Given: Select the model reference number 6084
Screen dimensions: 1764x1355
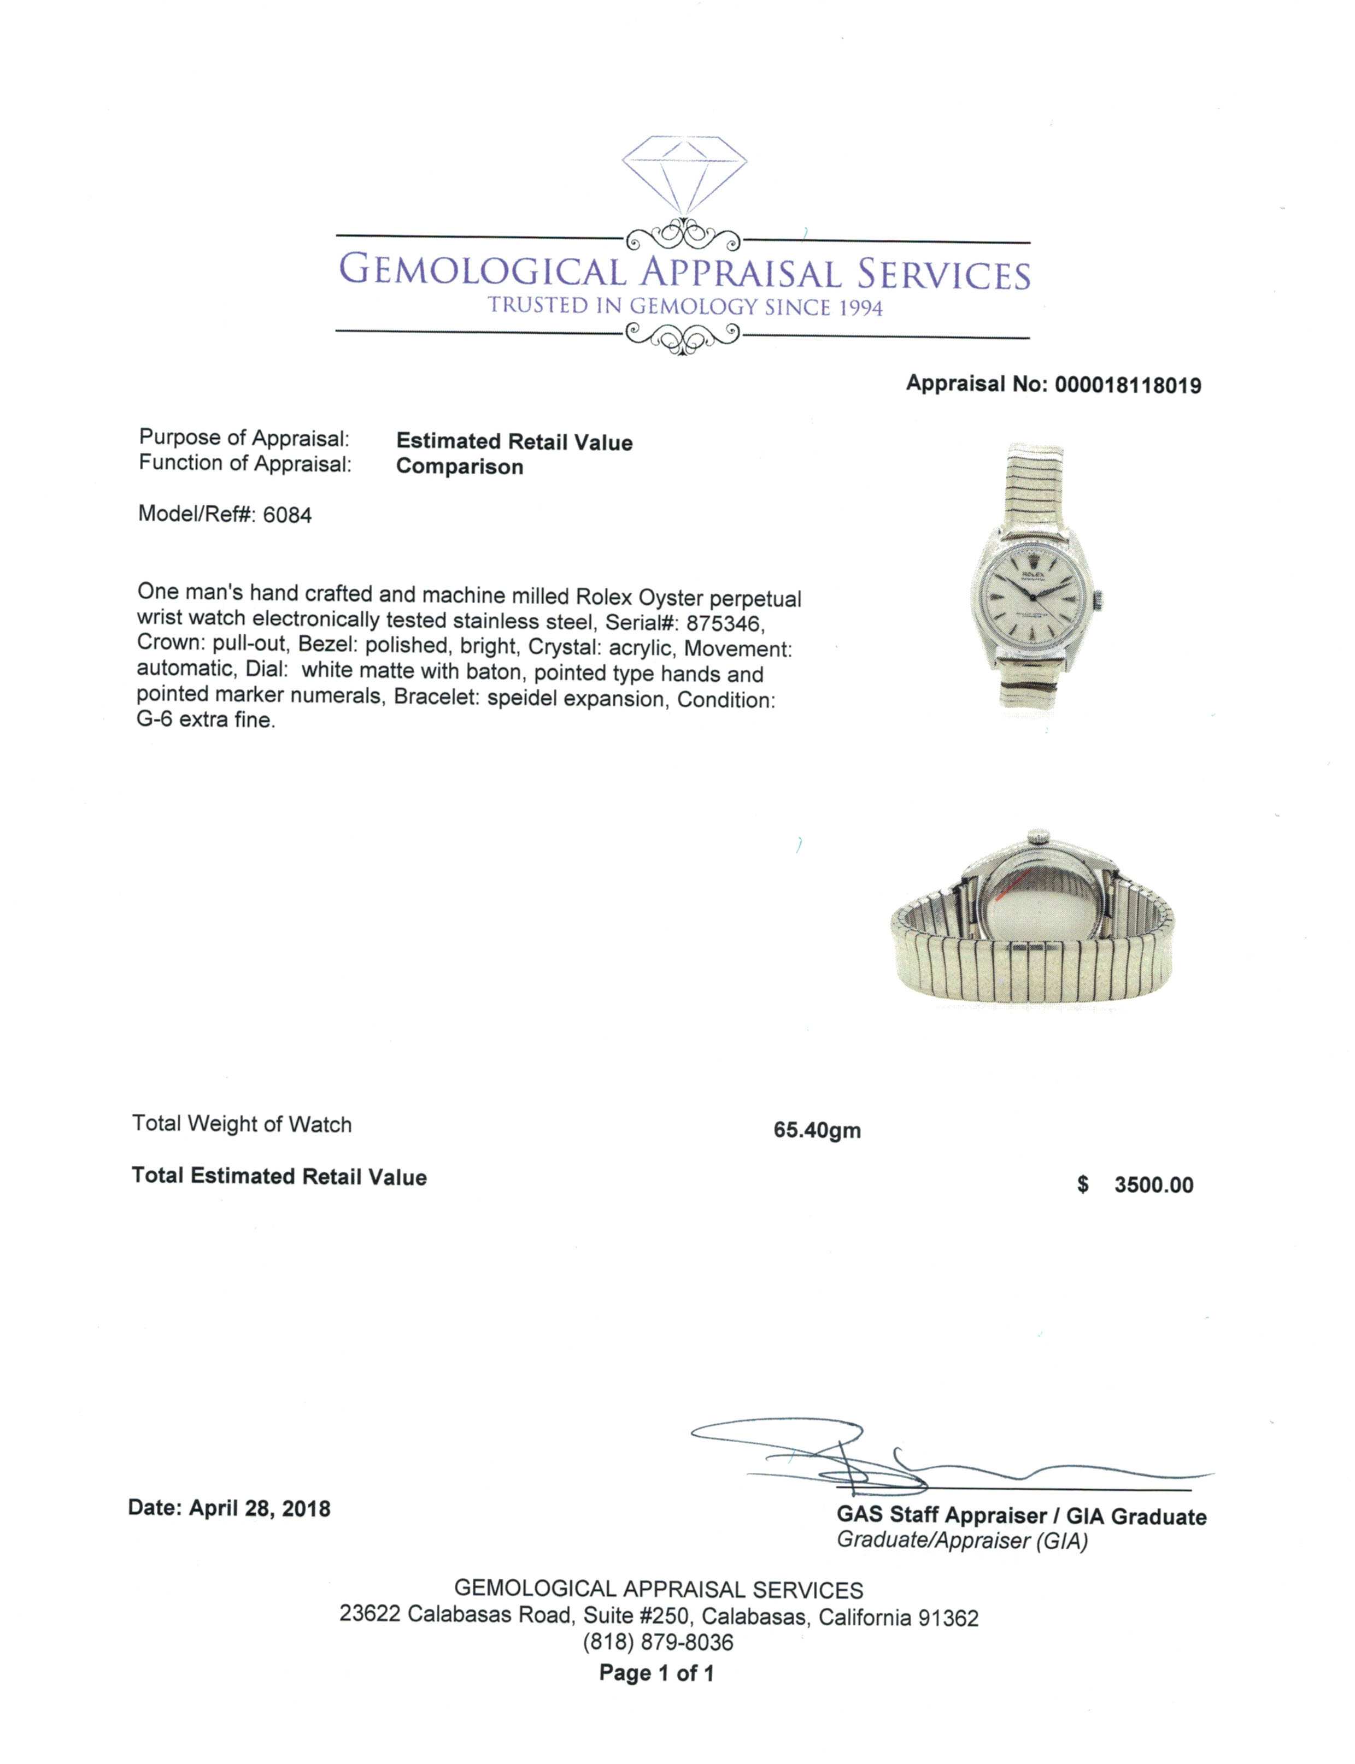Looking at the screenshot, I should coord(287,515).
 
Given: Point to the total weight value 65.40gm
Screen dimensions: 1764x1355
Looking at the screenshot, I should coord(817,1130).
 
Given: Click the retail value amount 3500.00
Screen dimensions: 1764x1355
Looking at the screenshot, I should coord(1153,1184).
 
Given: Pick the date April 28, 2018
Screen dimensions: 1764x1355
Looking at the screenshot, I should coord(259,1508).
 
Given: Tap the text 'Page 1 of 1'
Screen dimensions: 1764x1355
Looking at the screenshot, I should coord(656,1673).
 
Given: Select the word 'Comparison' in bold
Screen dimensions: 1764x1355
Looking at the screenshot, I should coord(460,467).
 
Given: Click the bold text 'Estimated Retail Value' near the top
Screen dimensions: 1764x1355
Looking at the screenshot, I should coord(514,442).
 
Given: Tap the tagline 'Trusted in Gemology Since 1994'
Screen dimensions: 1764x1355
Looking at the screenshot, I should coord(685,306).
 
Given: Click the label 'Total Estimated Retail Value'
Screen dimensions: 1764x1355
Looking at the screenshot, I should coord(279,1176).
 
